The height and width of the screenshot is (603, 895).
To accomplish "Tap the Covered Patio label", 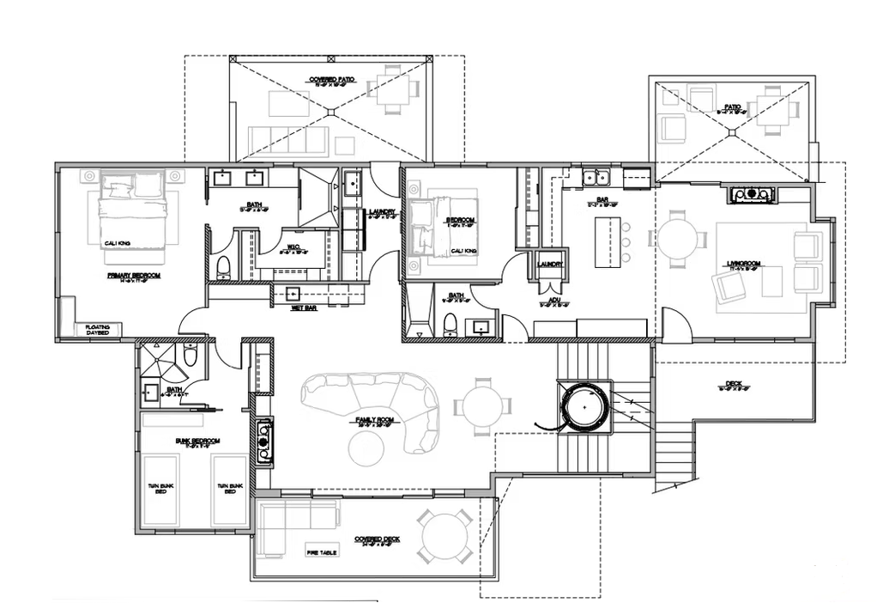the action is (332, 82).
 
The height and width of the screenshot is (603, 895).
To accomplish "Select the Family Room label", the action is (375, 421).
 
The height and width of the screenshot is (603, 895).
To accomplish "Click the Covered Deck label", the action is (378, 540).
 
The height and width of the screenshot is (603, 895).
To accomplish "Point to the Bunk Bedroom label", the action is (198, 442).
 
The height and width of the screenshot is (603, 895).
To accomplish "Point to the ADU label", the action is (555, 301).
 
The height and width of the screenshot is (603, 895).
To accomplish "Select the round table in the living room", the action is (677, 240).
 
